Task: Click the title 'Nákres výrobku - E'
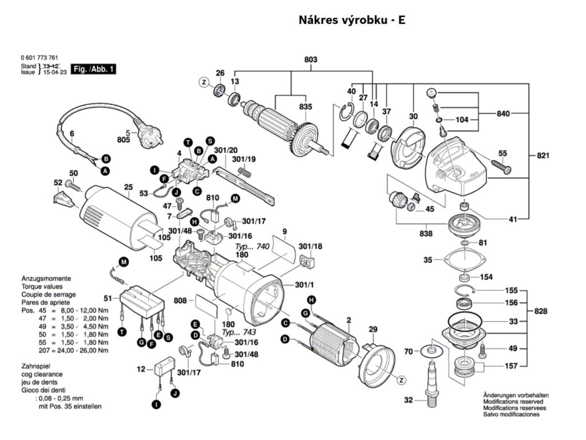coord(352,20)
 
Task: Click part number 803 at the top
coord(311,60)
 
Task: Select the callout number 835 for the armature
coord(306,107)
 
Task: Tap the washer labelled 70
coord(430,349)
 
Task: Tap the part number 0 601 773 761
coord(38,58)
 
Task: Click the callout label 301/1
coord(306,285)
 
